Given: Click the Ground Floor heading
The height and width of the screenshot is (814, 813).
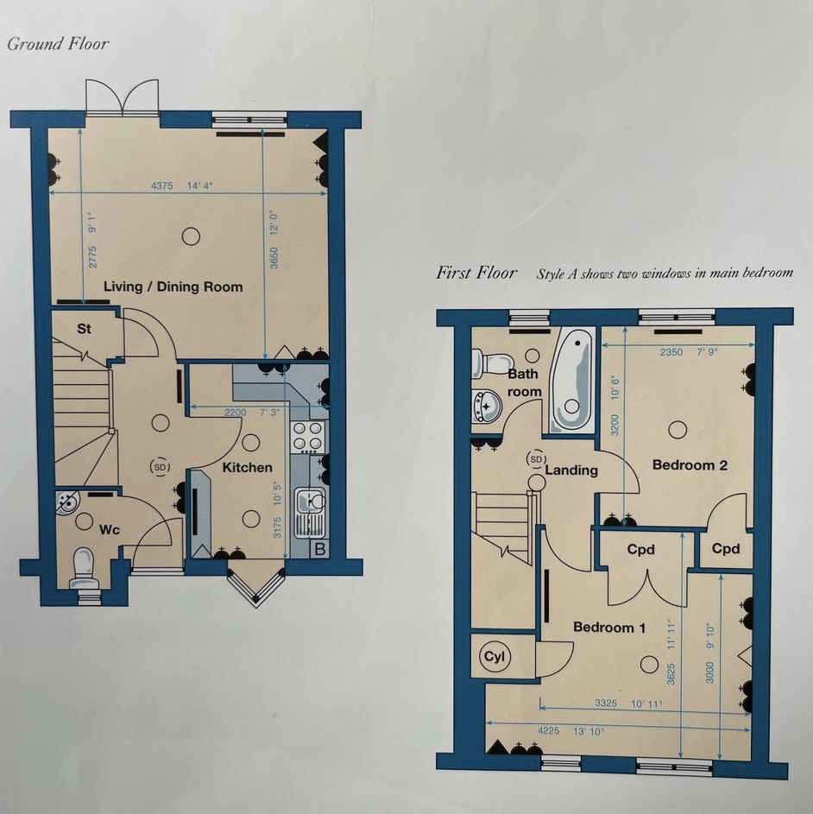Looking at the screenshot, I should click(58, 43).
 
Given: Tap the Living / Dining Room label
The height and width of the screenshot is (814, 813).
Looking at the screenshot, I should click(173, 287).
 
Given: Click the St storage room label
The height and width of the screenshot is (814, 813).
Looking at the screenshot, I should click(85, 329).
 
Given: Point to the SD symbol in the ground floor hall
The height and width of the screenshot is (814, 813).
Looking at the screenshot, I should click(160, 467).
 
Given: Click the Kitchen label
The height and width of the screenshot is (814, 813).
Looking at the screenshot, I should click(247, 468).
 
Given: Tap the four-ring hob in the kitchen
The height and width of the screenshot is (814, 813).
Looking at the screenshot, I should click(308, 437).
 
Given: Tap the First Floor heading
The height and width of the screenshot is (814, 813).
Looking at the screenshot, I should click(476, 273).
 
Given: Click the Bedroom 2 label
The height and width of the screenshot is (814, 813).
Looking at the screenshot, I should click(689, 465).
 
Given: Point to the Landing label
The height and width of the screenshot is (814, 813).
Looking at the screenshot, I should click(571, 470).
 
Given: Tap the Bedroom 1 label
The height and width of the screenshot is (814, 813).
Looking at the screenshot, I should click(608, 628).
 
